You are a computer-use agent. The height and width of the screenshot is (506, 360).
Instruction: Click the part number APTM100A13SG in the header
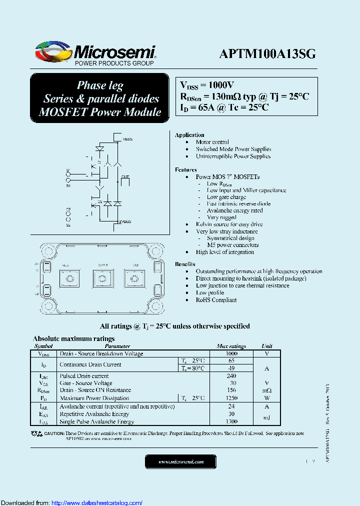pyautogui.click(x=267, y=54)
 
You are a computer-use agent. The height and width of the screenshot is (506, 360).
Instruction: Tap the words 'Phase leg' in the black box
pyautogui.click(x=100, y=85)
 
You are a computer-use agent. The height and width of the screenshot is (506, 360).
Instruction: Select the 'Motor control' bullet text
pyautogui.click(x=212, y=142)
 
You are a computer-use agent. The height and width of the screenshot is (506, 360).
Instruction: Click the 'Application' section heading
pyautogui.click(x=189, y=135)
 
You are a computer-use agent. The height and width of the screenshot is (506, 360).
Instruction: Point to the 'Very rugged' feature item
pyautogui.click(x=221, y=217)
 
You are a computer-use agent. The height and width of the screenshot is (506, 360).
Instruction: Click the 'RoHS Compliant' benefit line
pyautogui.click(x=216, y=300)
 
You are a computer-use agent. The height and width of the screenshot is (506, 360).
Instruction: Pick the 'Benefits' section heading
pyautogui.click(x=185, y=264)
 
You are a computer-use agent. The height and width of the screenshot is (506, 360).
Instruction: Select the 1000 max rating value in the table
pyautogui.click(x=231, y=353)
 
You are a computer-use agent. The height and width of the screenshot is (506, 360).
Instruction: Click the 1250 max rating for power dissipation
pyautogui.click(x=231, y=398)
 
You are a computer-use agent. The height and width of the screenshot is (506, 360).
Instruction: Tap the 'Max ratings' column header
pyautogui.click(x=231, y=346)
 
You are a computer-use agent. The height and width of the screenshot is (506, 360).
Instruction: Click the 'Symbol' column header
pyautogui.click(x=43, y=346)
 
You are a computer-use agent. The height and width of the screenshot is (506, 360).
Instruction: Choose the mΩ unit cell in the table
pyautogui.click(x=266, y=390)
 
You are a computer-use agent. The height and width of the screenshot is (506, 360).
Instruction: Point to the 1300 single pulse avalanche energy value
pyautogui.click(x=231, y=422)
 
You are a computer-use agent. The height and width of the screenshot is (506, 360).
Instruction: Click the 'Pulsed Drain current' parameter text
pyautogui.click(x=84, y=376)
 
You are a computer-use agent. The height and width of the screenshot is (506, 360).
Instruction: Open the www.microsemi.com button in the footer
pyautogui.click(x=181, y=462)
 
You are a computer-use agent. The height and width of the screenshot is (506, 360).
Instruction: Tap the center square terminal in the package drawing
pyautogui.click(x=102, y=279)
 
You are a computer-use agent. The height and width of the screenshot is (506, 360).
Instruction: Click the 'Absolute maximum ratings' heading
pyautogui.click(x=73, y=338)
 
